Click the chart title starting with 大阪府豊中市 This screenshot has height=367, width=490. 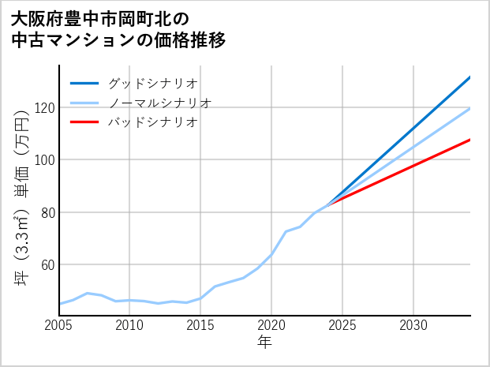118,29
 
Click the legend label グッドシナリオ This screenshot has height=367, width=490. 152,83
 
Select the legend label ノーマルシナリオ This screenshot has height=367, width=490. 159,103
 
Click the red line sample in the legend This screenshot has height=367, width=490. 84,122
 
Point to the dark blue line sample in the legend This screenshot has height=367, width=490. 84,83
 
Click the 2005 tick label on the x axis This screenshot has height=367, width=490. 59,325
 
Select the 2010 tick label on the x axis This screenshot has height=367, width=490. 129,325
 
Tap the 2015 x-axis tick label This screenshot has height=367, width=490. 200,325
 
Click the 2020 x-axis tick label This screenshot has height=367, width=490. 271,325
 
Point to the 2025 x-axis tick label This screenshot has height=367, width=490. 342,325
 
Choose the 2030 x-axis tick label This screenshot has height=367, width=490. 413,325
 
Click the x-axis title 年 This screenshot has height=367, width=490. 265,343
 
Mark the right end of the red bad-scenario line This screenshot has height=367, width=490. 469,140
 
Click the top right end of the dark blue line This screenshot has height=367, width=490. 469,77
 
